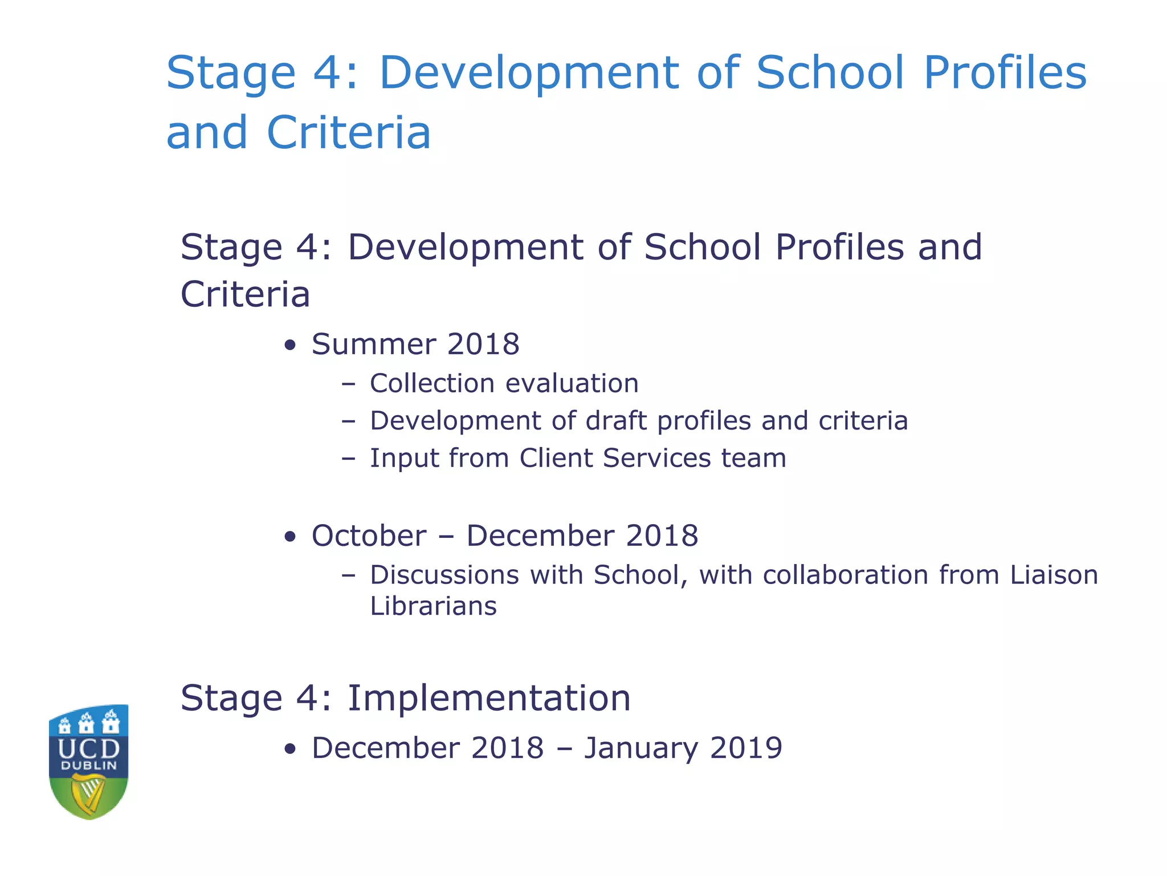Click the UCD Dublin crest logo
(x=88, y=761)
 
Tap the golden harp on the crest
(x=88, y=796)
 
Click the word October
(x=369, y=536)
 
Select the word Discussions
(x=444, y=575)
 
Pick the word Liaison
(x=1054, y=575)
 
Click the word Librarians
(x=433, y=606)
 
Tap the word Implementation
(x=489, y=698)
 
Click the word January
(x=641, y=748)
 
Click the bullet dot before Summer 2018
(x=291, y=346)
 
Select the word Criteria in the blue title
(x=348, y=133)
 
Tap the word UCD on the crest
(x=88, y=748)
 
